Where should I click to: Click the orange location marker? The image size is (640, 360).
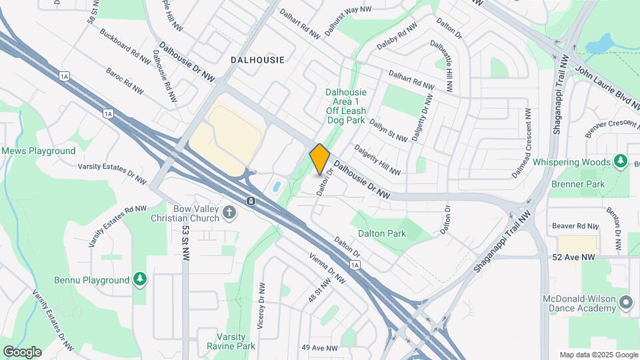click(320, 159)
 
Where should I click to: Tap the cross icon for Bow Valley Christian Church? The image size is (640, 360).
click(230, 213)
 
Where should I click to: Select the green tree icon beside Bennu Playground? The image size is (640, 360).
click(140, 279)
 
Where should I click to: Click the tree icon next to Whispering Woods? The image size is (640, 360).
click(621, 161)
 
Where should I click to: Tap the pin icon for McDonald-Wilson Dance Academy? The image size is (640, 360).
click(626, 303)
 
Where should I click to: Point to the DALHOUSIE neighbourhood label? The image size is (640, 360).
click(257, 60)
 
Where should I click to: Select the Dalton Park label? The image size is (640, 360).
click(382, 234)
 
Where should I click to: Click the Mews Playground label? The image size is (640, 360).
click(38, 151)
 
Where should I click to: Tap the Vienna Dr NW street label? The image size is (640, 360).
click(326, 267)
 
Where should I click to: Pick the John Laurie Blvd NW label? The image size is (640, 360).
click(607, 85)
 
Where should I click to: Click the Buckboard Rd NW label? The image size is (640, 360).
click(125, 46)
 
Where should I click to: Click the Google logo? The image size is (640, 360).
click(22, 351)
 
